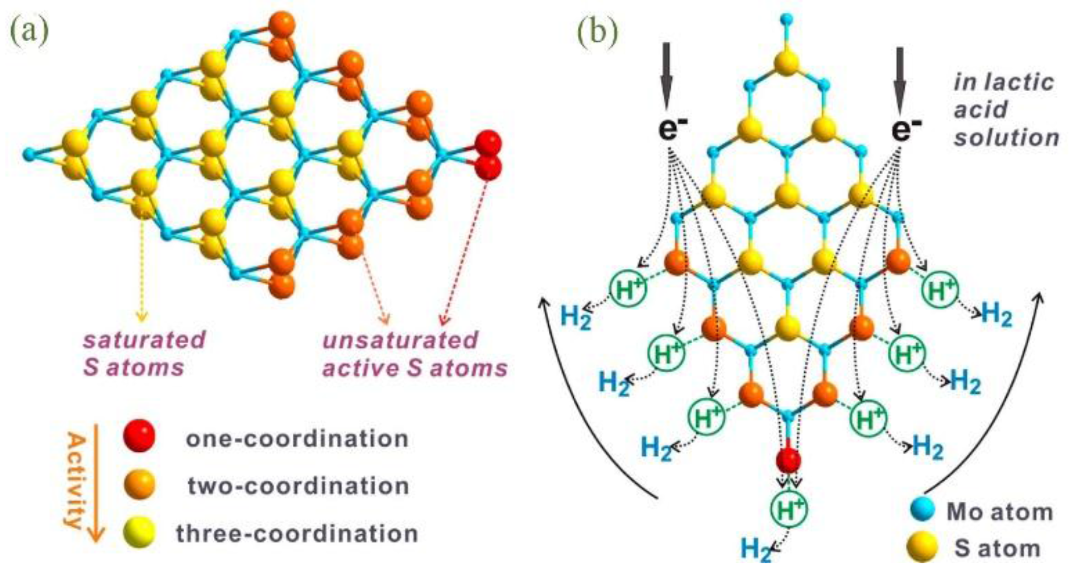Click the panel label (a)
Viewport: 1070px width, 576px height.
click(29, 32)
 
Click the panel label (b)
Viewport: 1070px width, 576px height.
click(597, 32)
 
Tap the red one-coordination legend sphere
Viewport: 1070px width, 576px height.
click(139, 436)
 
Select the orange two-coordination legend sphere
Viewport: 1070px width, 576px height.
click(139, 484)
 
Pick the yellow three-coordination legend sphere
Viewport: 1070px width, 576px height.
click(139, 532)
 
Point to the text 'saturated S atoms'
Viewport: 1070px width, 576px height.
click(144, 353)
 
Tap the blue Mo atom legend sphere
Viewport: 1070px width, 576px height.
click(922, 511)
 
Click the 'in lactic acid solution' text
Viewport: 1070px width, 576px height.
click(1005, 110)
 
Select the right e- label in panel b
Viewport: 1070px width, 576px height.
click(906, 127)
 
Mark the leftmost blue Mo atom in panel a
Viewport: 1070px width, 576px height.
click(29, 153)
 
